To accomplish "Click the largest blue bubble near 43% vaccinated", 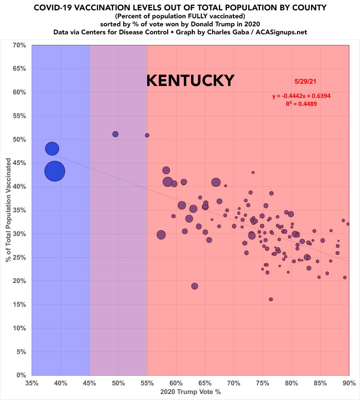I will (55, 171).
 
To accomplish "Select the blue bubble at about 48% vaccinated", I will (52, 148).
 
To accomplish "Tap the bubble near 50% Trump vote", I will (116, 134).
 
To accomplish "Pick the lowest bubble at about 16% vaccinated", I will (271, 299).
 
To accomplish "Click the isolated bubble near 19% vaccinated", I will (195, 286).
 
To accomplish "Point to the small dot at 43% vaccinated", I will (253, 172).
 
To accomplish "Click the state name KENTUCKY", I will (190, 81).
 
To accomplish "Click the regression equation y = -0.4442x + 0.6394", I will (301, 96).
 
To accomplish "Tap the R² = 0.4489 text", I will (301, 104).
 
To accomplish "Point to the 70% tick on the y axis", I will (19, 45).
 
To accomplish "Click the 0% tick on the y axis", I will (21, 375).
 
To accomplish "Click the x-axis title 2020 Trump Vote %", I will (190, 392).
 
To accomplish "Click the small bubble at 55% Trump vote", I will (147, 135).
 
